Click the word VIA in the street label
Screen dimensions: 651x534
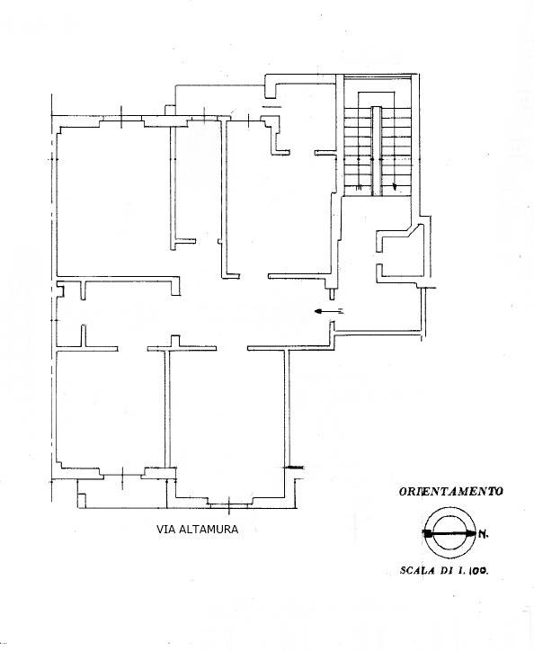pyautogui.click(x=165, y=530)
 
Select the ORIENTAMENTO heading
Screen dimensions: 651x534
pyautogui.click(x=450, y=492)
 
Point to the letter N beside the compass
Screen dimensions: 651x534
pyautogui.click(x=483, y=537)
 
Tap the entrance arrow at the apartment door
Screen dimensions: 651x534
pyautogui.click(x=328, y=311)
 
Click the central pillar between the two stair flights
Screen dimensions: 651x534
pyautogui.click(x=378, y=148)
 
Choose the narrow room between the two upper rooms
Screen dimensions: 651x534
pyautogui.click(x=199, y=189)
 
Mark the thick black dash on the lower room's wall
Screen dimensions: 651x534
pyautogui.click(x=294, y=467)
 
